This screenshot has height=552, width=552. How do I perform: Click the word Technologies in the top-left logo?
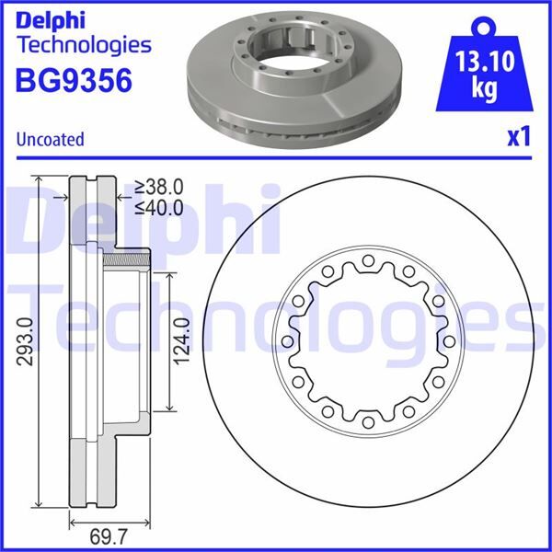(x=84, y=44)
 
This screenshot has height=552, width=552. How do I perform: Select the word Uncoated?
(x=51, y=140)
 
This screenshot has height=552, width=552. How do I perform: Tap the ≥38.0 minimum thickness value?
(x=158, y=187)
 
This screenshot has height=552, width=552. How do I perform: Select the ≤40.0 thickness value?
(x=158, y=208)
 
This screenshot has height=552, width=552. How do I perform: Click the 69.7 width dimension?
(x=93, y=536)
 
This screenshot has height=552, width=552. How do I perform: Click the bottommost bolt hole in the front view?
(x=367, y=423)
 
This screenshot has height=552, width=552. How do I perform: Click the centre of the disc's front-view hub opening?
(x=367, y=343)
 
